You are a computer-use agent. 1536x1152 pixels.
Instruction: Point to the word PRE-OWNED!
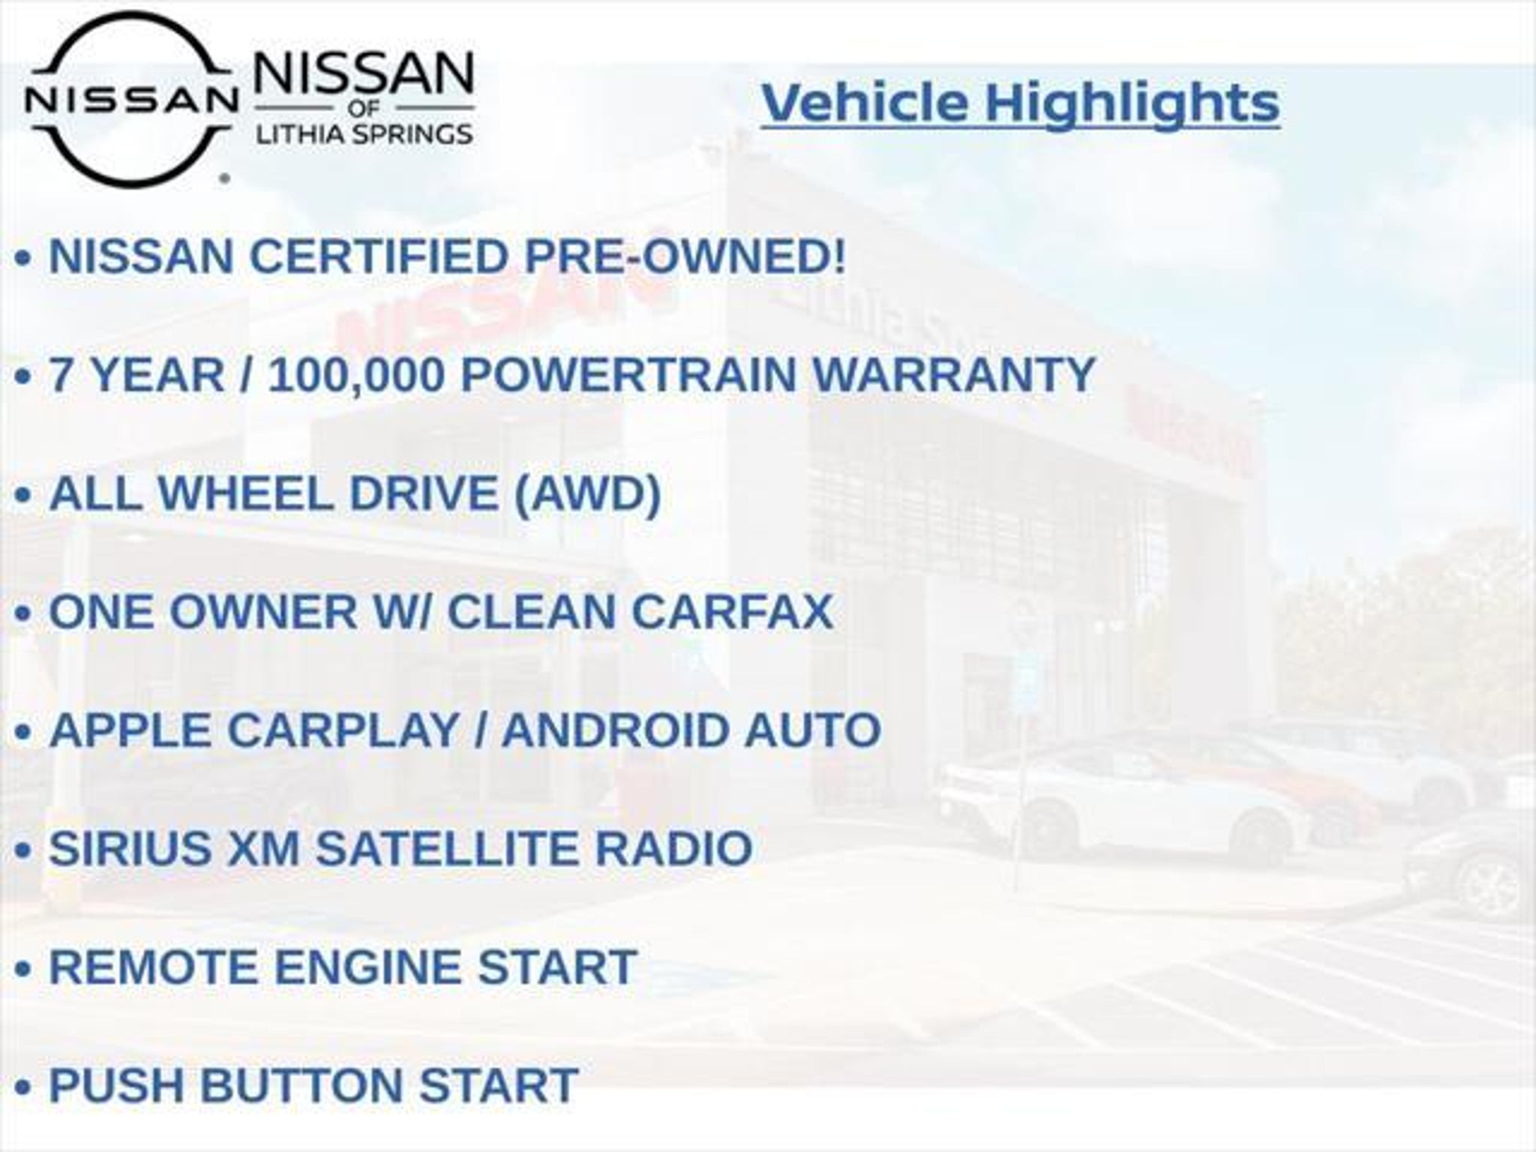point(684,256)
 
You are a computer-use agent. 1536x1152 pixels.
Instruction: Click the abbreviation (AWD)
point(587,494)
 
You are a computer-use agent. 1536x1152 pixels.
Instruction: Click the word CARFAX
point(732,612)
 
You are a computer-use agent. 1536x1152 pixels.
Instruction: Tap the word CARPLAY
point(343,730)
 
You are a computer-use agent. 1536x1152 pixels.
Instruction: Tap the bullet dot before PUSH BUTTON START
point(23,1087)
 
